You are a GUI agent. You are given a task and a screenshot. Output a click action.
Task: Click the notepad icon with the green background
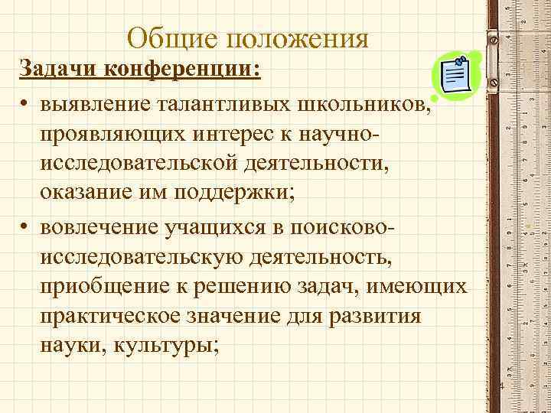coord(456,76)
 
